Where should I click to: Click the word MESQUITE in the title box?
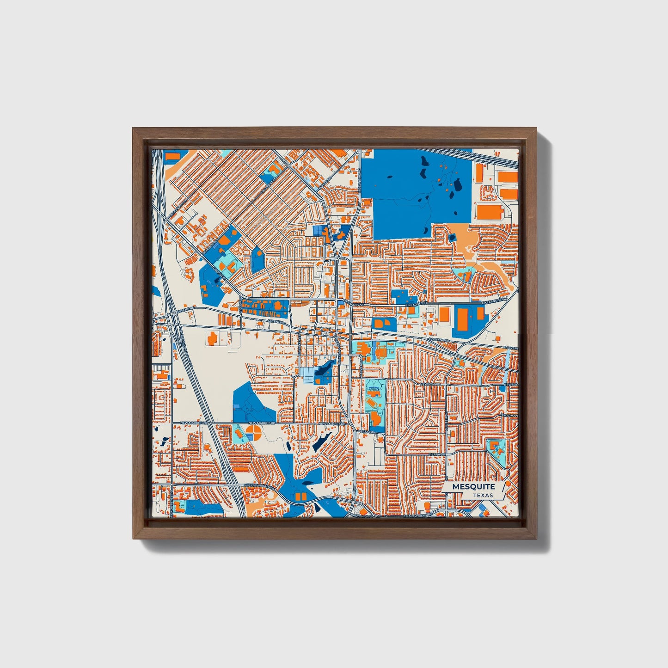473,487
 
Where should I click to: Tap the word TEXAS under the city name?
483,496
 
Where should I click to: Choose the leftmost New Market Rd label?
190,423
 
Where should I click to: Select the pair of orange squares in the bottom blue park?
301,496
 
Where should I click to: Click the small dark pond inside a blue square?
451,238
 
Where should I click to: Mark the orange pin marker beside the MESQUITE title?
509,484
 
